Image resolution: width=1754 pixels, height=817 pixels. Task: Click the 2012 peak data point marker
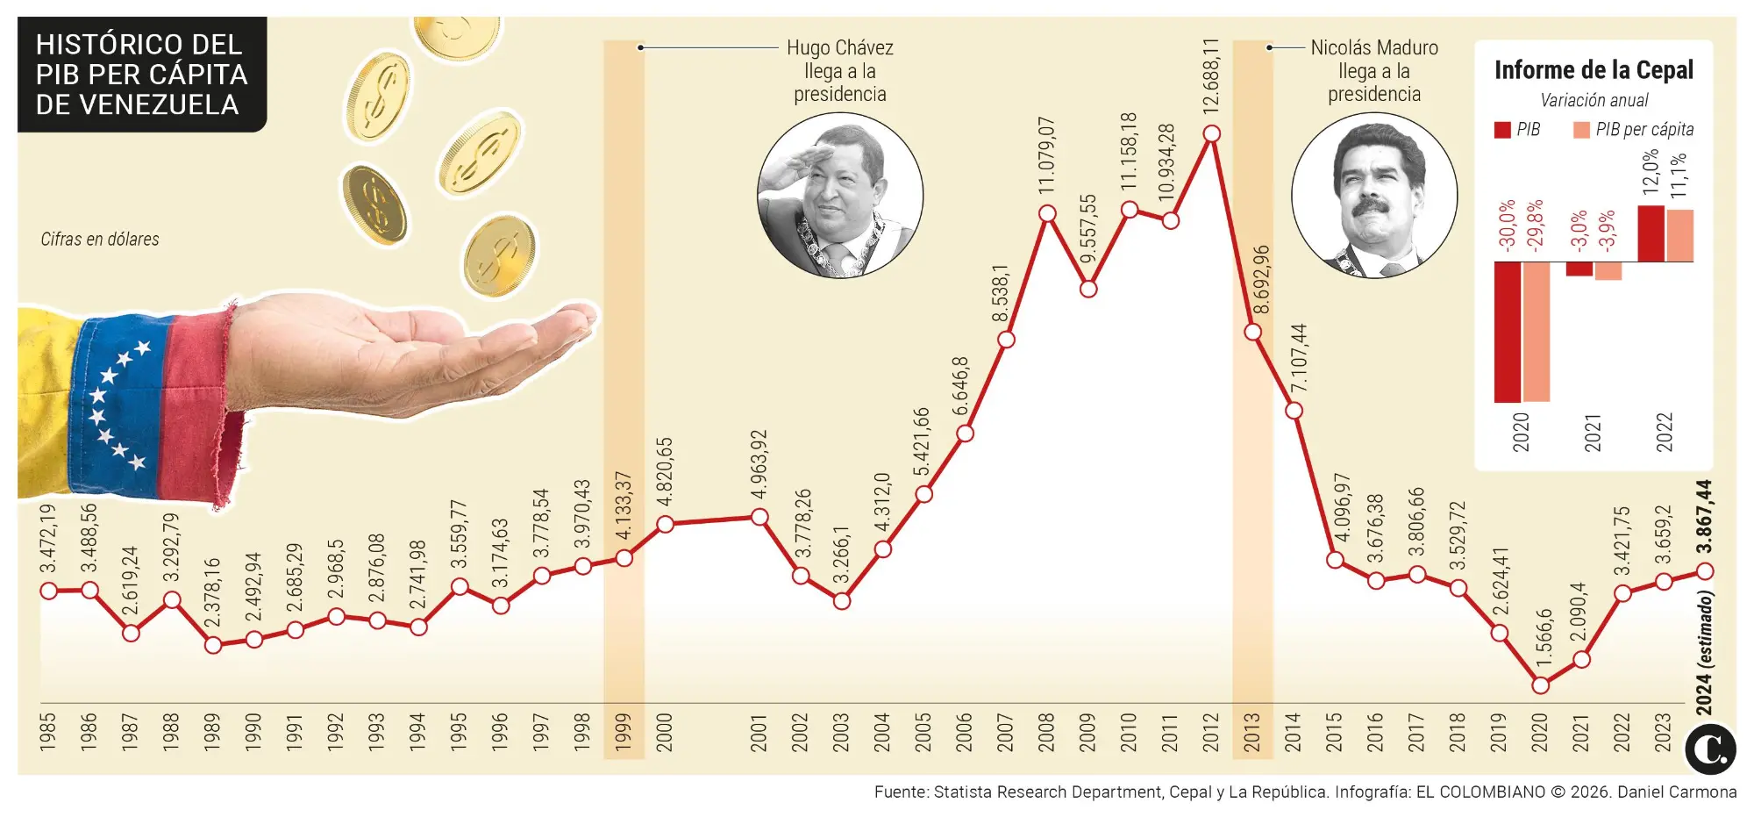click(x=1212, y=133)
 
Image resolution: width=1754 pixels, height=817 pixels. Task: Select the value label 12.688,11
click(x=1211, y=75)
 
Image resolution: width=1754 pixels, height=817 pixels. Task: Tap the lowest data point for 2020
click(x=1540, y=685)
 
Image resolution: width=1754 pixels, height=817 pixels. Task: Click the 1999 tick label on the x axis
click(x=624, y=732)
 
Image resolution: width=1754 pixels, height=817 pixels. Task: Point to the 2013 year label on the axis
click(x=1252, y=732)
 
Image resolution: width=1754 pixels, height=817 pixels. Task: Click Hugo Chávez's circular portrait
click(x=839, y=195)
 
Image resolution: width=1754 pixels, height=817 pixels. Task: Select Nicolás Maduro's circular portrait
click(x=1373, y=195)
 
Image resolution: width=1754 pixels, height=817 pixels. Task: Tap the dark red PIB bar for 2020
click(x=1507, y=332)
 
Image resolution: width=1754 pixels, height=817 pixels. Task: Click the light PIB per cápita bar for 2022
click(x=1680, y=235)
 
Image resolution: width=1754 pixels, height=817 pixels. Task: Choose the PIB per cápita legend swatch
click(x=1581, y=130)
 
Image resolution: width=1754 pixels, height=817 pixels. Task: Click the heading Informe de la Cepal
click(x=1594, y=70)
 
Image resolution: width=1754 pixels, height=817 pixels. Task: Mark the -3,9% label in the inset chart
click(x=1607, y=232)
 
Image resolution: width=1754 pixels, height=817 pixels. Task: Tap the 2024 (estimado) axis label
click(x=1704, y=654)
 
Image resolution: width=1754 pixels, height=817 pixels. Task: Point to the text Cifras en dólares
click(x=100, y=239)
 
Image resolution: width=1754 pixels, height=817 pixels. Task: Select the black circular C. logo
click(x=1709, y=749)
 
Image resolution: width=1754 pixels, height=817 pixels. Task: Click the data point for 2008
click(x=1047, y=213)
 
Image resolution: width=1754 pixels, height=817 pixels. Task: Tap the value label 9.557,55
click(x=1088, y=229)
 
